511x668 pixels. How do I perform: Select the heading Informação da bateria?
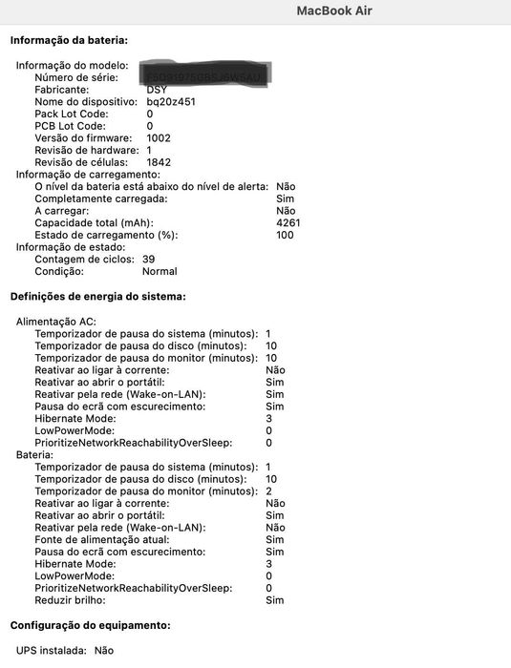[69, 41]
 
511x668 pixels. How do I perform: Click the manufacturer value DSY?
[157, 90]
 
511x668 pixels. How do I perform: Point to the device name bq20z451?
[171, 101]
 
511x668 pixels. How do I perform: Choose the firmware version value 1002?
[159, 138]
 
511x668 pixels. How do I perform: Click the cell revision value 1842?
[159, 162]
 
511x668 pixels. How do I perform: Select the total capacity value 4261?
[287, 222]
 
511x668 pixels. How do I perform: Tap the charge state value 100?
[285, 235]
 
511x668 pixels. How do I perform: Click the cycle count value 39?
[148, 259]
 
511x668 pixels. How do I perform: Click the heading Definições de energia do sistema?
[97, 297]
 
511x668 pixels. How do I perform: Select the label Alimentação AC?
[56, 323]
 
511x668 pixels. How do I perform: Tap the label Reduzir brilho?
[71, 600]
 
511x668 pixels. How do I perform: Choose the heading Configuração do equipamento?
[90, 625]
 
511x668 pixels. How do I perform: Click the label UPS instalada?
[51, 650]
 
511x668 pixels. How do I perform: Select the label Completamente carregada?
[100, 198]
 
